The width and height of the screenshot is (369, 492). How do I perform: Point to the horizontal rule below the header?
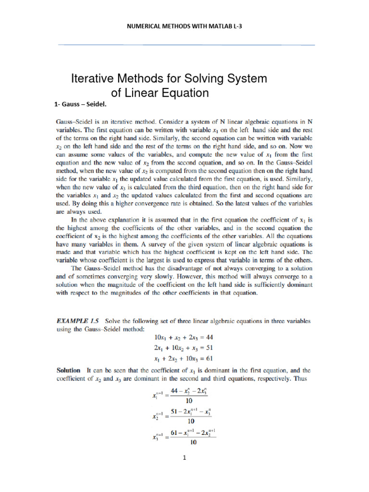pos(186,45)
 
